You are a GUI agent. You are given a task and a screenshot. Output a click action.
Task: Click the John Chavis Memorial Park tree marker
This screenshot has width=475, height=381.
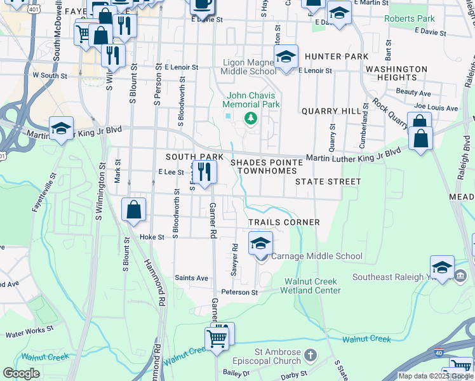click(x=251, y=118)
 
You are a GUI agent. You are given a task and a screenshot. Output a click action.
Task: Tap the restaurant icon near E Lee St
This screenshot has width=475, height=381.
click(x=204, y=171)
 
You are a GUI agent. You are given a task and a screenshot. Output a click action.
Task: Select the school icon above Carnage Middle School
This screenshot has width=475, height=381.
click(x=260, y=244)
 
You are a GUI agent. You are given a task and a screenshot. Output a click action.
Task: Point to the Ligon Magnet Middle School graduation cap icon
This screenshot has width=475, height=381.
click(x=286, y=58)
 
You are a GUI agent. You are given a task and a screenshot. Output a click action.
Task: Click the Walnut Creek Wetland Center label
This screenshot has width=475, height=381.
click(x=312, y=286)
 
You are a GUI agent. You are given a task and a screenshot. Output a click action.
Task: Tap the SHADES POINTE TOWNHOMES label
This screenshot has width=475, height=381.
click(x=266, y=168)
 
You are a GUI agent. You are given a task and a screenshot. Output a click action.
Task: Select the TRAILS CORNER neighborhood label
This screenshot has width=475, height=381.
click(x=284, y=222)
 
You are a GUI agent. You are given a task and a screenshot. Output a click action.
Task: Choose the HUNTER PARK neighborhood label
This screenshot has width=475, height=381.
click(x=336, y=57)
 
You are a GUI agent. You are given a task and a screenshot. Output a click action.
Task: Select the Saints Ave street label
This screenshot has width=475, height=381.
click(x=191, y=278)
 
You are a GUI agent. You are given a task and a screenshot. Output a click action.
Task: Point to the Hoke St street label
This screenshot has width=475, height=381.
click(x=152, y=237)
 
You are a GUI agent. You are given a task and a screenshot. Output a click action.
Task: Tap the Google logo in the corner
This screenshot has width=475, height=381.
click(x=21, y=373)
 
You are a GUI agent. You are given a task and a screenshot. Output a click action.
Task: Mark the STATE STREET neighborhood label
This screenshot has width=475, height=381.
click(x=328, y=182)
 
